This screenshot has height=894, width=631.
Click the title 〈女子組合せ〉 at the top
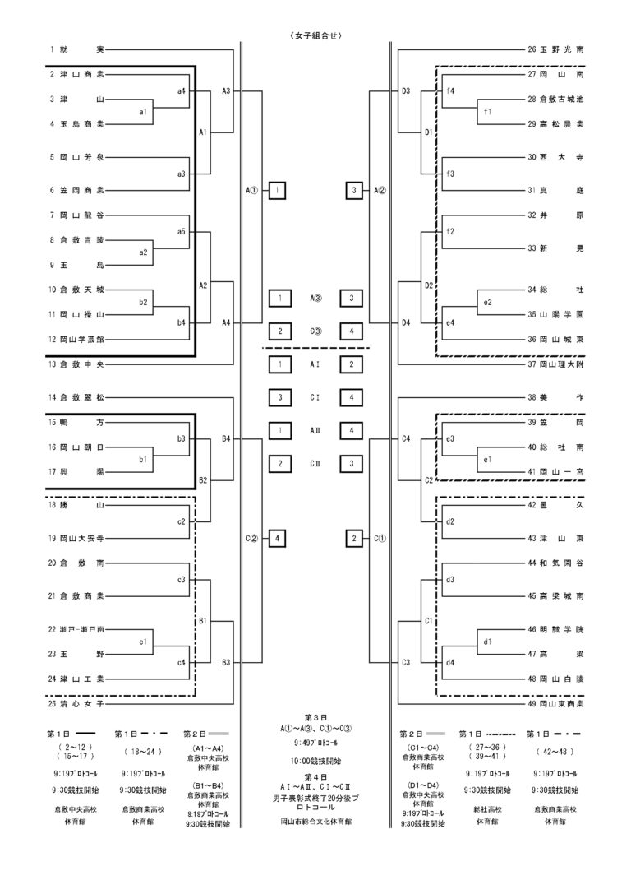[315, 35]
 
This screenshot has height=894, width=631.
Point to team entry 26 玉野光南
[556, 49]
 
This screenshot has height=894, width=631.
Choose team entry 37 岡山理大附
[556, 363]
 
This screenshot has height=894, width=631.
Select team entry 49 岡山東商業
[556, 704]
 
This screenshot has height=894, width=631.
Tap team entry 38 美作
[556, 397]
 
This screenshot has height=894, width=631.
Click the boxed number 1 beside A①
[279, 190]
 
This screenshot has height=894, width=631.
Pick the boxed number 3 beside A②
[353, 190]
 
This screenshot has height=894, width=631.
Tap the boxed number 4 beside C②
[279, 538]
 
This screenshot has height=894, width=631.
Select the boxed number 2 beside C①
[353, 538]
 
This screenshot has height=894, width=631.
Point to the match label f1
[487, 111]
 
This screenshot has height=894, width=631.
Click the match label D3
[406, 90]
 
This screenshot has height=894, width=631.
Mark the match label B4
[226, 438]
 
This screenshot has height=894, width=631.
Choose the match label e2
[487, 303]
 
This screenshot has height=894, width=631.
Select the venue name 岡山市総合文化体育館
[315, 822]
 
